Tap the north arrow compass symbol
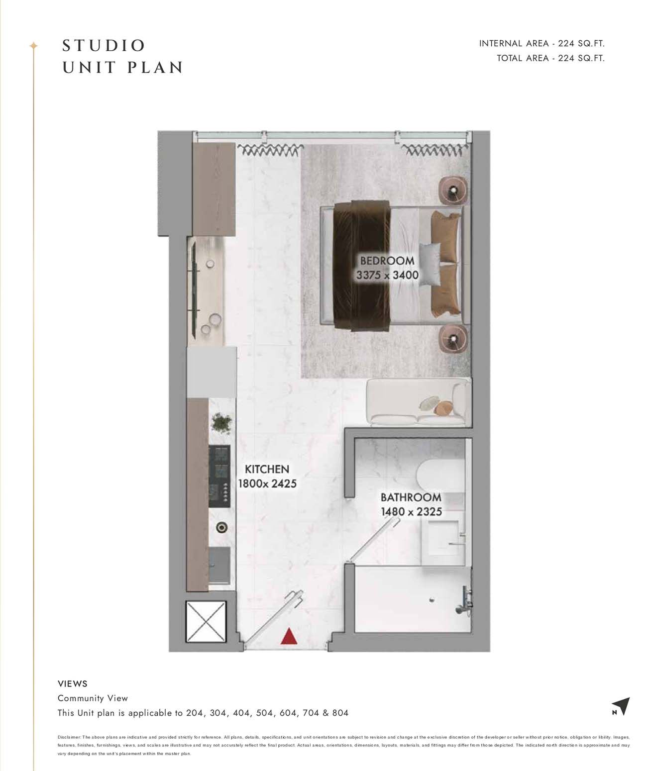click(622, 706)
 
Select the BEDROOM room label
click(387, 261)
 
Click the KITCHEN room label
click(267, 470)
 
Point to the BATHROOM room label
click(411, 497)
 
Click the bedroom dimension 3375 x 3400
click(387, 275)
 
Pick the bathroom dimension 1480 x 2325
click(411, 512)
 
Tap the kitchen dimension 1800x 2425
click(267, 483)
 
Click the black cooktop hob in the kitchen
click(219, 476)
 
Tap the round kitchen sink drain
click(221, 527)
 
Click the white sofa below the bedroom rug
click(419, 402)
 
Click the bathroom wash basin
click(442, 538)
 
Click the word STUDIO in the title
click(104, 46)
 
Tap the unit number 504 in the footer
click(265, 713)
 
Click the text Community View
click(93, 698)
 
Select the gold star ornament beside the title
click(34, 46)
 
